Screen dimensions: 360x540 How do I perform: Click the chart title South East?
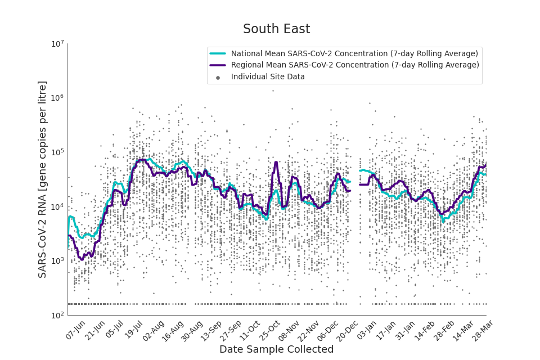(276, 29)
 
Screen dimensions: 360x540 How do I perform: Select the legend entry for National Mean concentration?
(354, 54)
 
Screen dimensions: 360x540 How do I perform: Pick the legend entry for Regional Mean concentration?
(355, 65)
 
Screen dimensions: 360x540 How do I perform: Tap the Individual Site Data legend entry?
(268, 77)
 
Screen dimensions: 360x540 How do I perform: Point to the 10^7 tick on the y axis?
(58, 44)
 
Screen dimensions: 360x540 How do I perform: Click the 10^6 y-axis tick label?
(58, 98)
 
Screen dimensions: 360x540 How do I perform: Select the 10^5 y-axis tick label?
(58, 152)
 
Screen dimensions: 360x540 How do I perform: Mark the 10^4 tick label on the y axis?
(58, 207)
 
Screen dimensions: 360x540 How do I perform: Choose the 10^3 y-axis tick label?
(58, 261)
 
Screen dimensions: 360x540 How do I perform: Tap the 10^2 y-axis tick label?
(58, 316)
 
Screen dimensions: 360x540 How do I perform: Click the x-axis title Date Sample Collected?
(276, 349)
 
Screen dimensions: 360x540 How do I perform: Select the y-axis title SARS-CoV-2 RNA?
(43, 179)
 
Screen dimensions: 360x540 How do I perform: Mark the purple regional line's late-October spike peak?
(276, 163)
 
